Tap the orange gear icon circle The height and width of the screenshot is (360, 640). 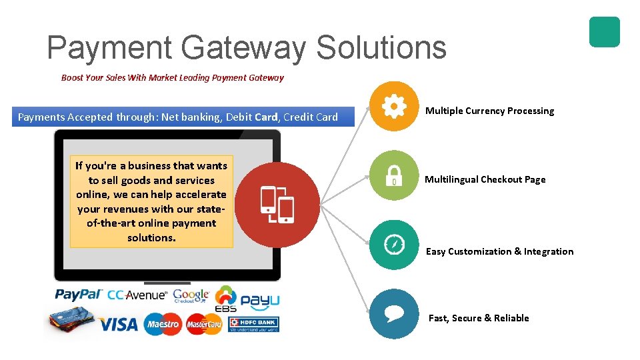[394, 106]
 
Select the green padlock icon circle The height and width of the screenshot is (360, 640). [394, 175]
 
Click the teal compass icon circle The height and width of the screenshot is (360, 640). [394, 245]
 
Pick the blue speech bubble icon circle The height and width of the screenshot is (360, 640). [394, 314]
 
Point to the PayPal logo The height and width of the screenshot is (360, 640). [79, 295]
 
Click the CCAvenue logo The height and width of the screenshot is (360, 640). [137, 295]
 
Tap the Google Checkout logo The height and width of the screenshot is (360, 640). [191, 295]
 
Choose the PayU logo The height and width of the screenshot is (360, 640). [260, 301]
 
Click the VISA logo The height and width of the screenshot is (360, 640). [119, 325]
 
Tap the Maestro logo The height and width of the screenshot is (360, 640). [162, 325]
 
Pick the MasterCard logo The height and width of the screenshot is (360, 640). [203, 325]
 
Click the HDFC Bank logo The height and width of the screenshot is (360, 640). [253, 325]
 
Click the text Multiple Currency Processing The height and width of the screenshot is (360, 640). [489, 111]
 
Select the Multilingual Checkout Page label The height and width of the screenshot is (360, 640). [485, 179]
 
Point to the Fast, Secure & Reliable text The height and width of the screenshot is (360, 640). [479, 318]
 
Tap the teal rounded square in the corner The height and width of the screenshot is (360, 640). [604, 32]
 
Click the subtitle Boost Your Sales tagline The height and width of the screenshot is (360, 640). [172, 77]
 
